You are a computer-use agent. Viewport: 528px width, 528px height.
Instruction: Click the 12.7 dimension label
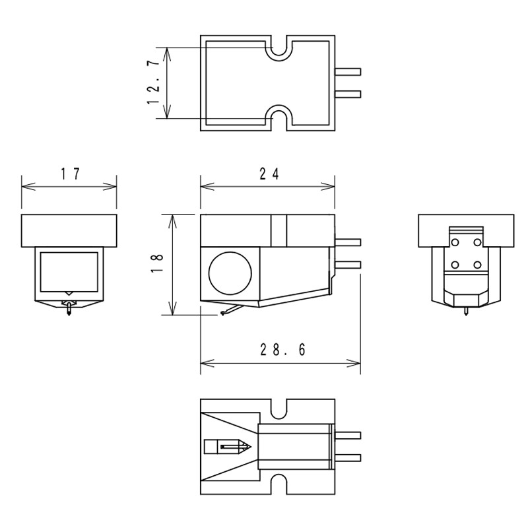[x=153, y=82]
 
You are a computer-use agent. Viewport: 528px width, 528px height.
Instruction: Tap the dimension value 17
[x=71, y=174]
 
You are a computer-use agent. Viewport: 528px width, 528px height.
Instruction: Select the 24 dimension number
[x=269, y=174]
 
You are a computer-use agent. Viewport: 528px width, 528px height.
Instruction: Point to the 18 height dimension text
[x=157, y=263]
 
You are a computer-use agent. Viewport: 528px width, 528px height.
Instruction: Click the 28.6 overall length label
[x=282, y=350]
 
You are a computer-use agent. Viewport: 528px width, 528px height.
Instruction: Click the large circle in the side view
[x=230, y=273]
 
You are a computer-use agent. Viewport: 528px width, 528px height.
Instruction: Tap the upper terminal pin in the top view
[x=348, y=72]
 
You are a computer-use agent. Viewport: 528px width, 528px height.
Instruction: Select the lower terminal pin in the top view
[x=348, y=94]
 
